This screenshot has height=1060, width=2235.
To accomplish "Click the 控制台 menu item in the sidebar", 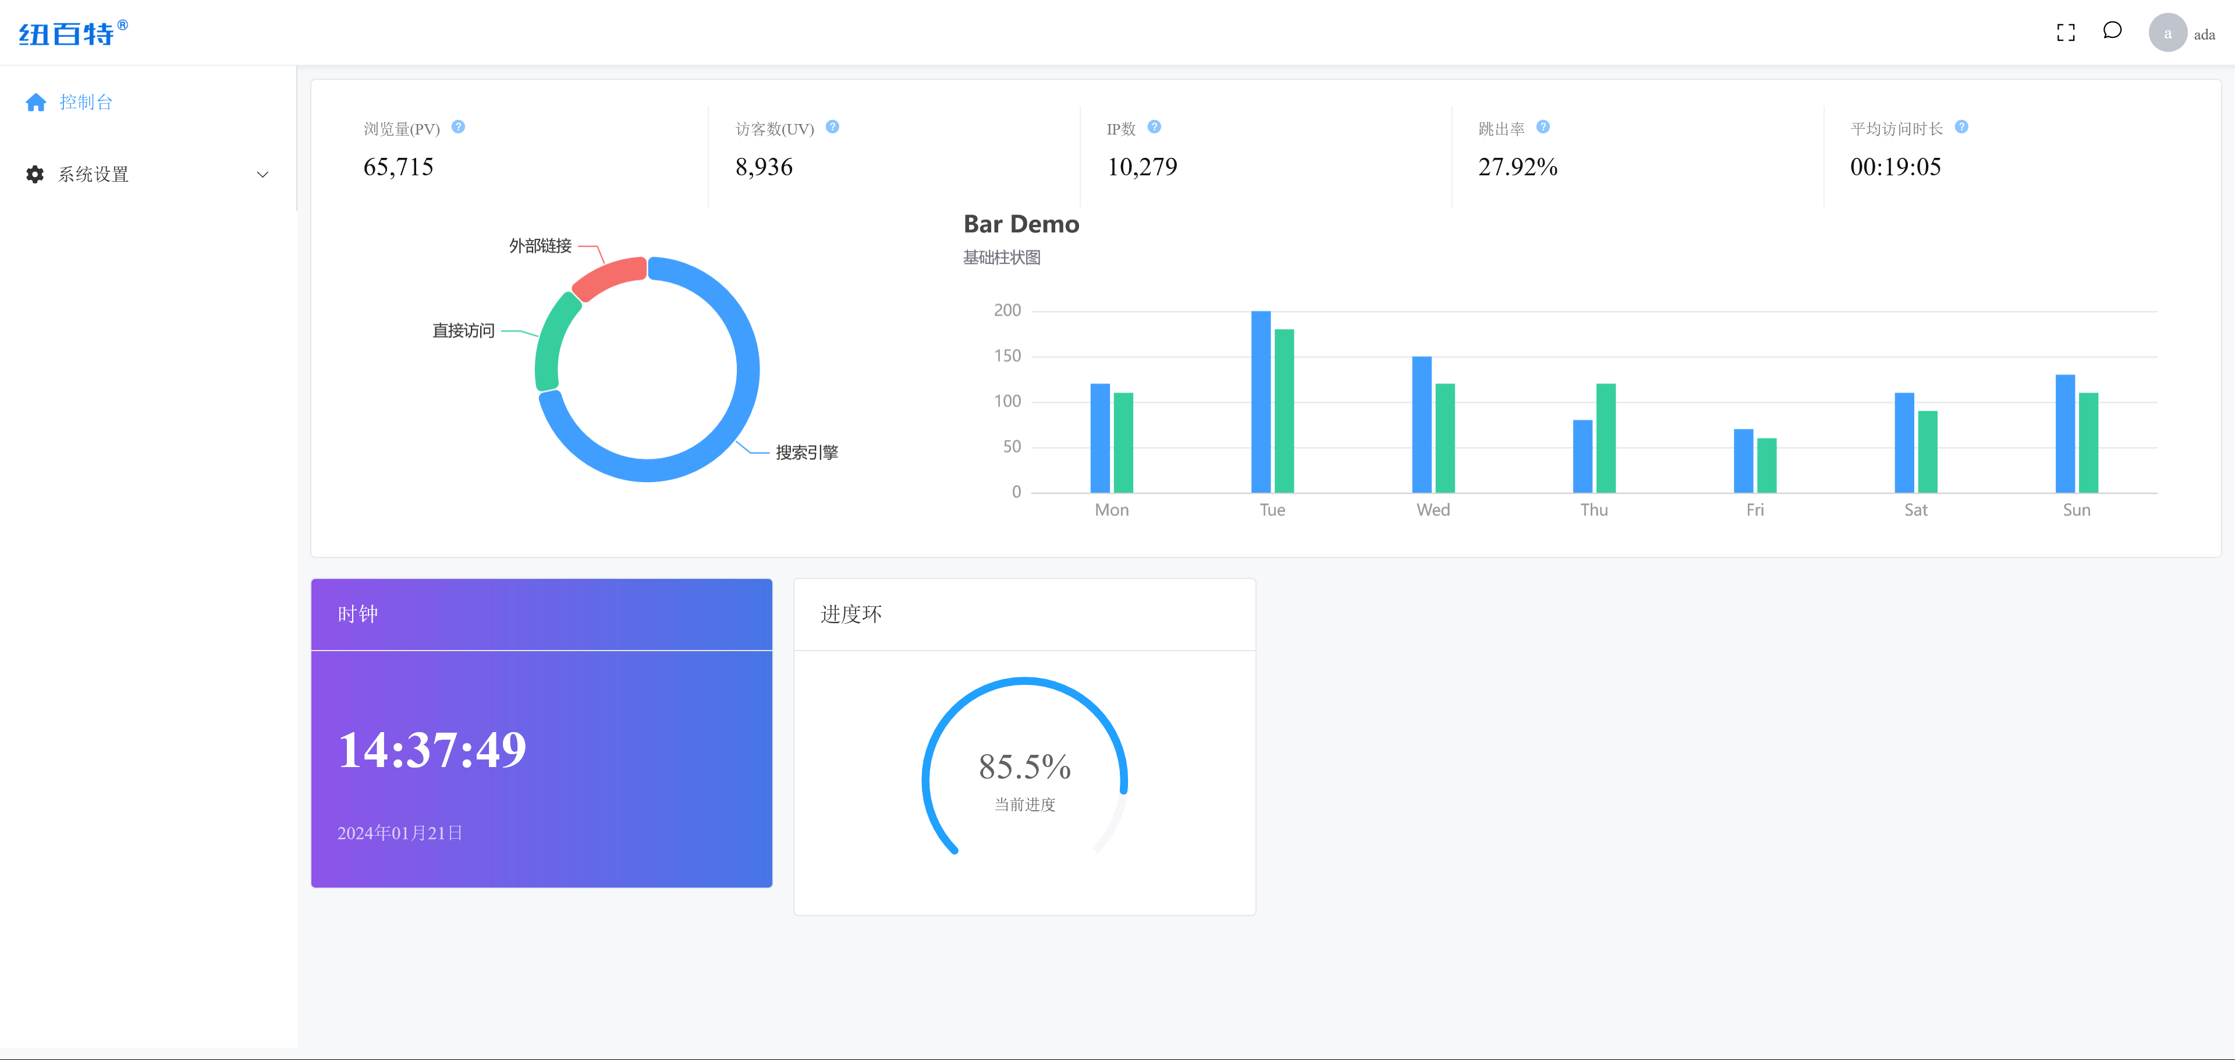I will [x=85, y=103].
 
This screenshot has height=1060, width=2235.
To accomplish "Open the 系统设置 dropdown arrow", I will [x=262, y=175].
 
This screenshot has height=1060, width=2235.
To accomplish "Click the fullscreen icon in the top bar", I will [x=2066, y=33].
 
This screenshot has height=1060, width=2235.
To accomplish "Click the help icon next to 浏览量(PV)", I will [x=458, y=128].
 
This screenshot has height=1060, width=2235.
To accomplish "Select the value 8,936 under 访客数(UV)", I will [x=764, y=167].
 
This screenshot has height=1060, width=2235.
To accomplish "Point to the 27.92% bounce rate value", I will [x=1517, y=167].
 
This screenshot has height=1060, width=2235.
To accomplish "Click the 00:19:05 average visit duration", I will [x=1895, y=167].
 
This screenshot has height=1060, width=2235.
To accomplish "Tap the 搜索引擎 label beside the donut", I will [x=806, y=453].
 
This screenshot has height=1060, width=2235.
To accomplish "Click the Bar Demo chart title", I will [x=1021, y=224].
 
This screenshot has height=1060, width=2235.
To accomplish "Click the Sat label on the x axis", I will [x=1915, y=510].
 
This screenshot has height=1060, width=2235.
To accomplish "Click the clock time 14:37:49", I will [x=431, y=749].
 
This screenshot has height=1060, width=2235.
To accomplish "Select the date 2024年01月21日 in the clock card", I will [x=399, y=832].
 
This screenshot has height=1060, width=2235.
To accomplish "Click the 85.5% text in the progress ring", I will [x=1024, y=766].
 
